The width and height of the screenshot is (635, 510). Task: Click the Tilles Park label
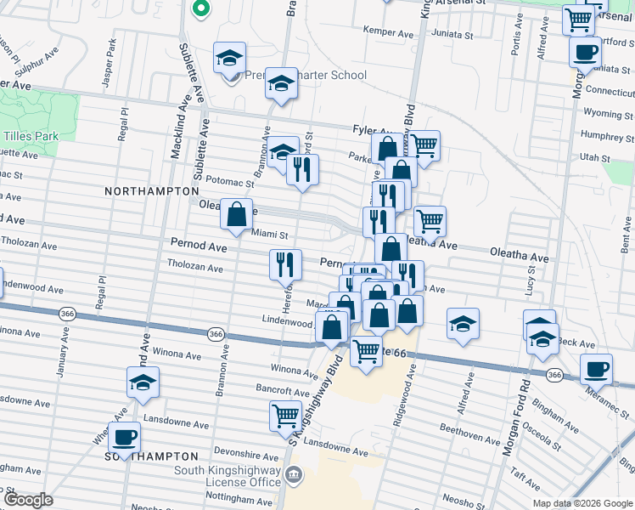pyautogui.click(x=28, y=136)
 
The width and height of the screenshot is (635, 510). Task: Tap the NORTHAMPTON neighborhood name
pyautogui.click(x=151, y=192)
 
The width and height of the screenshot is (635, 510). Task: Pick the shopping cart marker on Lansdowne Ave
pyautogui.click(x=285, y=416)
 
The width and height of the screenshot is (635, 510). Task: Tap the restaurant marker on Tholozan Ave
pyautogui.click(x=285, y=265)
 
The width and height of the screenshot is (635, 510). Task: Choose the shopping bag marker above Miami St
pyautogui.click(x=236, y=214)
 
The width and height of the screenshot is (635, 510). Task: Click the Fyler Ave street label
pyautogui.click(x=370, y=130)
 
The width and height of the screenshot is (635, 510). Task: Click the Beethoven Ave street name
pyautogui.click(x=475, y=439)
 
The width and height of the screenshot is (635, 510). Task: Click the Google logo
pyautogui.click(x=28, y=500)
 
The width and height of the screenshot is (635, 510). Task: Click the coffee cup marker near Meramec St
pyautogui.click(x=596, y=369)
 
